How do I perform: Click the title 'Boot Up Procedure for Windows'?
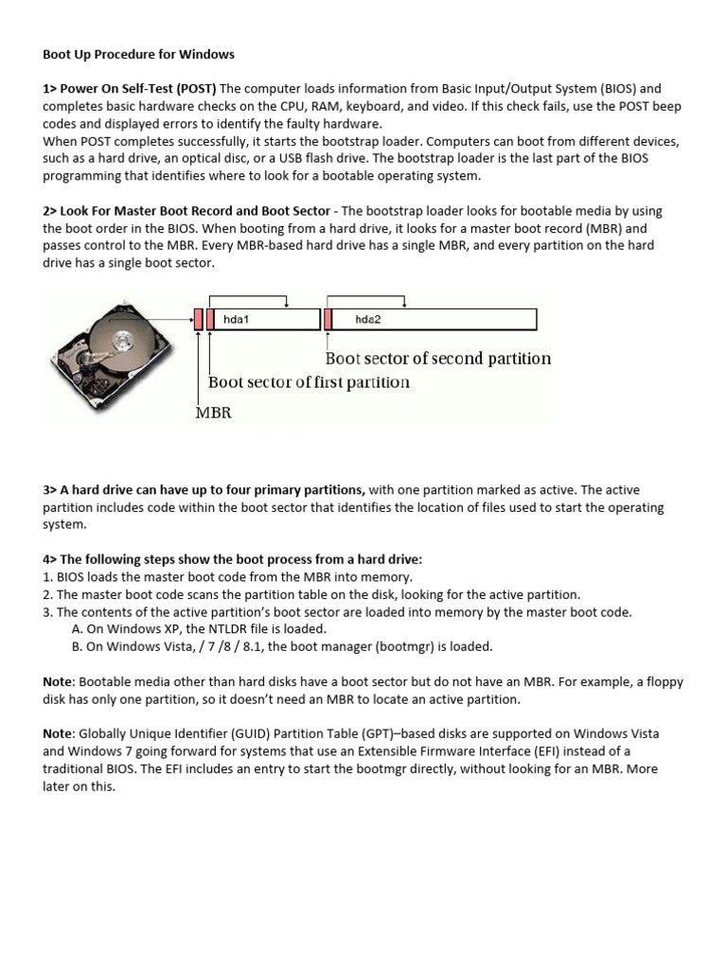(x=138, y=54)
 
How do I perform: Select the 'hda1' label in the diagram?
(x=236, y=320)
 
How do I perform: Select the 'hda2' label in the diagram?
(x=367, y=320)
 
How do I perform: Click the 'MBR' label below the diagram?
(x=213, y=414)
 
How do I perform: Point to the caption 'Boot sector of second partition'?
(x=437, y=359)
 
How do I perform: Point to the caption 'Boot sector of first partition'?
(x=309, y=382)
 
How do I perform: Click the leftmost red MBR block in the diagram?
(x=198, y=320)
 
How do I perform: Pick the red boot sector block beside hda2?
(x=328, y=320)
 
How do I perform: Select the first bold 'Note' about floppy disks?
(x=58, y=682)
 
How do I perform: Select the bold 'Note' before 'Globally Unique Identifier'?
(x=58, y=734)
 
